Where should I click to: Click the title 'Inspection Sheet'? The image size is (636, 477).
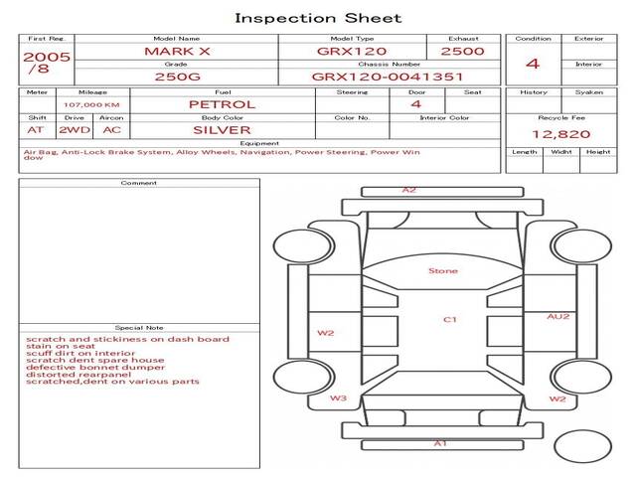pos(318,18)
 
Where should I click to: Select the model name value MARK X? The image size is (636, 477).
pos(176,51)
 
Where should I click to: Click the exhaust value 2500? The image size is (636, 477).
pos(462,51)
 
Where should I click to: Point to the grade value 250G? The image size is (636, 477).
pos(176,76)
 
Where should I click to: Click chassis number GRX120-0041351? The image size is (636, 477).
pos(388,76)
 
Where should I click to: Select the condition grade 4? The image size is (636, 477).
pos(532,64)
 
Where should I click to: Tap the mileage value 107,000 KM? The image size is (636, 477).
pos(91,104)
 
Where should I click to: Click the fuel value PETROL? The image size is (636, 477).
pos(222,104)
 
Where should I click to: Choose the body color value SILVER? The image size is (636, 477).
pos(222,129)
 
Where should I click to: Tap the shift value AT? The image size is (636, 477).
pos(36,129)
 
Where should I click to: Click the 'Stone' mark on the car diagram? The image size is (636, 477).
pos(443,270)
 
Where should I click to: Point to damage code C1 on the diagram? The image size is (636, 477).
pos(449,319)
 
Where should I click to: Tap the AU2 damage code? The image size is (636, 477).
pos(558,316)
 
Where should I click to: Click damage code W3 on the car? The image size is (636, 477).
pos(339,398)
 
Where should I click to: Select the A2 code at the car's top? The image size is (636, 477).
pos(409,189)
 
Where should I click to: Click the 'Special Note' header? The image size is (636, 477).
pos(139,327)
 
